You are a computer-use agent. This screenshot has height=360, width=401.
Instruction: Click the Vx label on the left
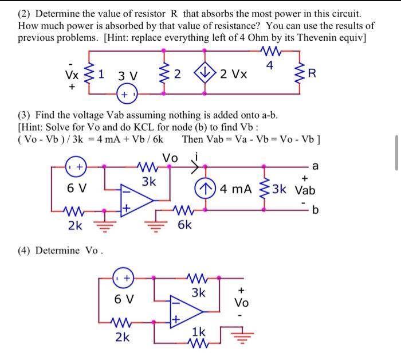click(72, 75)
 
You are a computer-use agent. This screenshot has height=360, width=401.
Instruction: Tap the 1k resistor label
click(198, 332)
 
